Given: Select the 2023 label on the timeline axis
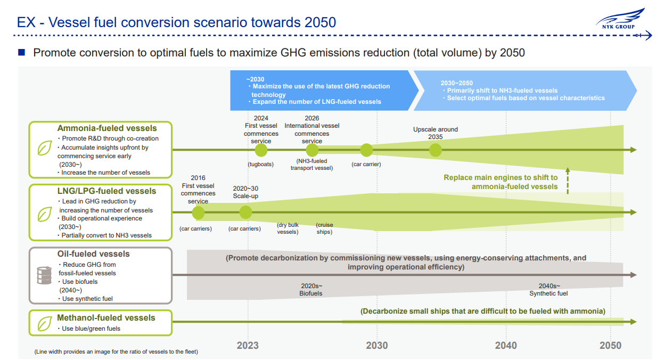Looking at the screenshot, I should (x=248, y=346).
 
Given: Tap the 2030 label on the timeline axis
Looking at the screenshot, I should (x=377, y=346).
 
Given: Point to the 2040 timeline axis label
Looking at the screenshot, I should (x=505, y=346).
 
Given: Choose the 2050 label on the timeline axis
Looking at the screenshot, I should (x=610, y=346).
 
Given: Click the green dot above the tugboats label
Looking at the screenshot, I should (x=261, y=150).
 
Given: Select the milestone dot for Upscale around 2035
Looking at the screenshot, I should (x=436, y=150).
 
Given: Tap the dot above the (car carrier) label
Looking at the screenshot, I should (x=366, y=150).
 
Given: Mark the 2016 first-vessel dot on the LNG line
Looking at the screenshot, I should (x=198, y=212).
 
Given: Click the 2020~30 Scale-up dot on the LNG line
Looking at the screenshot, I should (x=245, y=212).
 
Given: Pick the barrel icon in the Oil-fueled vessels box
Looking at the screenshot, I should (x=43, y=275).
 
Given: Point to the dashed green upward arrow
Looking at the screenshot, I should (x=568, y=181).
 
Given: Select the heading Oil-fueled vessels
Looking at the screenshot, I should (x=93, y=254).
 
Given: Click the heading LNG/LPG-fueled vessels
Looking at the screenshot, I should (x=106, y=191).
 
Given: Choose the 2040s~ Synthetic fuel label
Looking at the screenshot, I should (x=548, y=290).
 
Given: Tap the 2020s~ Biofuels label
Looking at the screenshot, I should (x=311, y=290).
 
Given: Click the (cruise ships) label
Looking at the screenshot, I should (x=324, y=228).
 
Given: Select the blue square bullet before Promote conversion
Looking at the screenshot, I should (x=22, y=52).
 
